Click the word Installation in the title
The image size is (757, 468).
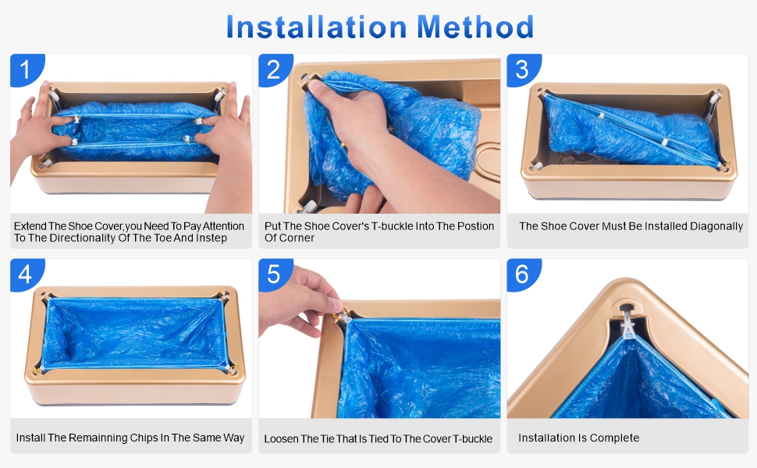tap(316, 27)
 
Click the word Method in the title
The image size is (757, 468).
tap(475, 27)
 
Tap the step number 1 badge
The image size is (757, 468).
tap(26, 69)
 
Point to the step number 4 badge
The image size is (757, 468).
tap(26, 274)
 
